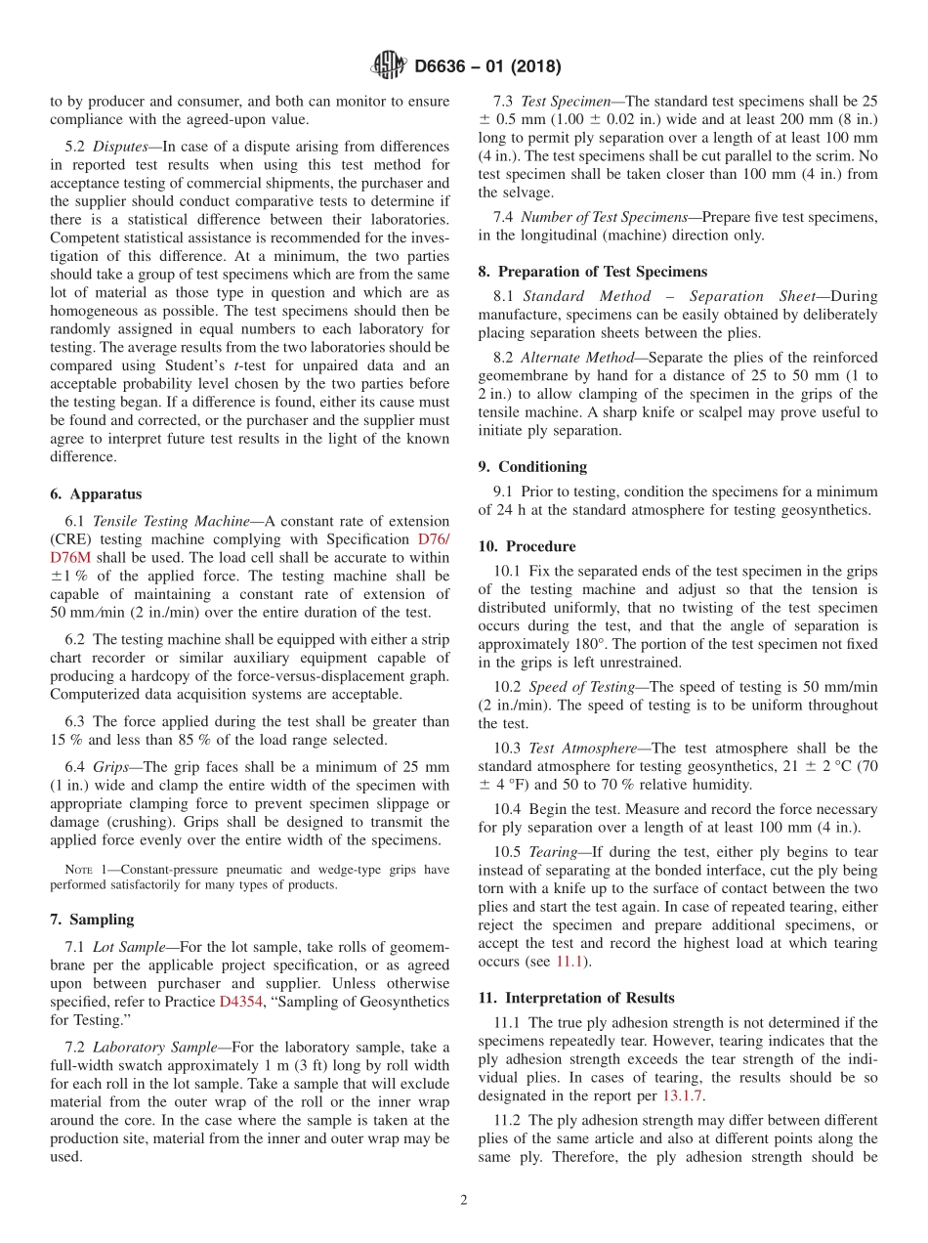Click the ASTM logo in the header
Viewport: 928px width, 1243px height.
(x=388, y=66)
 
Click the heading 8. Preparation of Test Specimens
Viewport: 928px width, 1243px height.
(x=592, y=271)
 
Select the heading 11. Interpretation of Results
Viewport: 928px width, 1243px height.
(x=575, y=998)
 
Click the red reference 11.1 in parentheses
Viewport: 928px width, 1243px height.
(x=568, y=963)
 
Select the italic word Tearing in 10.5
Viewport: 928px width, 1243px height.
(x=553, y=850)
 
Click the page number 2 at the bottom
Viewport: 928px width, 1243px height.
(x=463, y=1201)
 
